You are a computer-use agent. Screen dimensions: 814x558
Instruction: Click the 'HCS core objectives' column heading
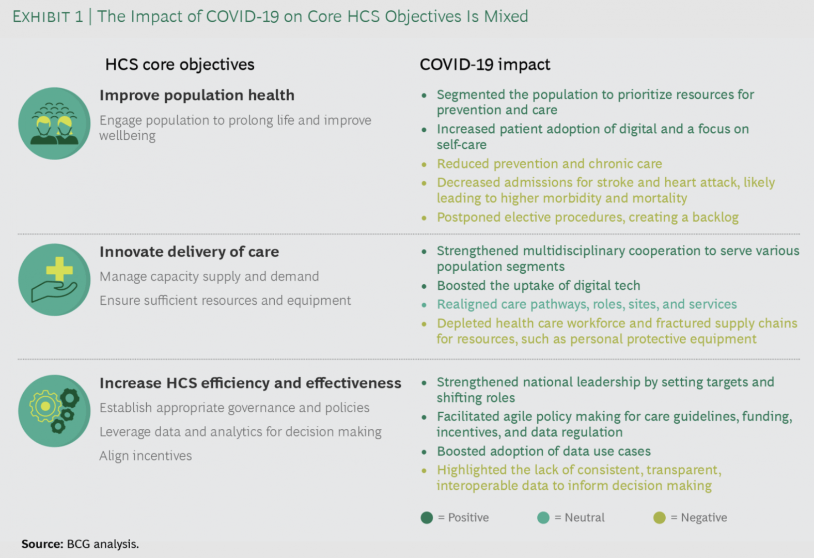pyautogui.click(x=180, y=65)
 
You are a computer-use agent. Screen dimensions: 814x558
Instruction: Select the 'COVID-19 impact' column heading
pyautogui.click(x=485, y=65)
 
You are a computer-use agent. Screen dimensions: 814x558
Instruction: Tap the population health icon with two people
pyautogui.click(x=55, y=123)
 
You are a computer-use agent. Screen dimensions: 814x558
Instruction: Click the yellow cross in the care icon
pyautogui.click(x=59, y=269)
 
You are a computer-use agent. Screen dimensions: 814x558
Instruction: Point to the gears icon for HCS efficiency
pyautogui.click(x=55, y=411)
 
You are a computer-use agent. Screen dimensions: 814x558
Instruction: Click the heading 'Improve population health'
pyautogui.click(x=197, y=95)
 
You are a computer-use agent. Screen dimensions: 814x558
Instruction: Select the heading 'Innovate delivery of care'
pyautogui.click(x=190, y=252)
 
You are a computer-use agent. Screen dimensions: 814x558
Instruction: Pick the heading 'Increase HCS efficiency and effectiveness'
pyautogui.click(x=251, y=383)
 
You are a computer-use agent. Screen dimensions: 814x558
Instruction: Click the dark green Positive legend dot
pyautogui.click(x=427, y=517)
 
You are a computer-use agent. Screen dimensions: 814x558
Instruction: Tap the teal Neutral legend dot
pyautogui.click(x=543, y=517)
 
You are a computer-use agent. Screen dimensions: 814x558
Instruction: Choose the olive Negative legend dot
pyautogui.click(x=660, y=517)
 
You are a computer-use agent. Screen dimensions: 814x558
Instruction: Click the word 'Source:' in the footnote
pyautogui.click(x=42, y=544)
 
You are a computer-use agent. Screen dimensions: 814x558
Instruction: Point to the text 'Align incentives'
pyautogui.click(x=146, y=456)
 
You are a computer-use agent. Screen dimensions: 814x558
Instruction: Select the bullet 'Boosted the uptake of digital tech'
pyautogui.click(x=539, y=286)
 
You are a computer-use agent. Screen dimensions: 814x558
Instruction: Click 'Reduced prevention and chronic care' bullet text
pyautogui.click(x=550, y=164)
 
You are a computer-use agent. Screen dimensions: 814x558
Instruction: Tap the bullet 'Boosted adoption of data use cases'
pyautogui.click(x=544, y=451)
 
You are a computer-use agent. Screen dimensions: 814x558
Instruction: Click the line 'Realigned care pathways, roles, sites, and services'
pyautogui.click(x=587, y=304)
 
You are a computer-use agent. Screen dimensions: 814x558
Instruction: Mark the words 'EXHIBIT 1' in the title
pyautogui.click(x=48, y=17)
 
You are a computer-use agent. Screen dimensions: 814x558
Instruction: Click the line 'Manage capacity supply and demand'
pyautogui.click(x=209, y=276)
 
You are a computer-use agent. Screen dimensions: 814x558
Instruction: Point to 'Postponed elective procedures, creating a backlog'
pyautogui.click(x=588, y=218)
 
